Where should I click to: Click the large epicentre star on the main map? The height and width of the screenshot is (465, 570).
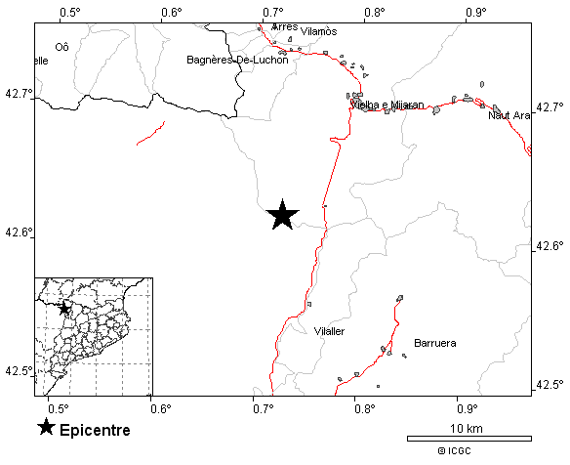click(x=282, y=215)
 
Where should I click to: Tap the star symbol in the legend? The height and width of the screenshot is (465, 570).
click(x=46, y=428)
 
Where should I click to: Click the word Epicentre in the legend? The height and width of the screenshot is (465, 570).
click(x=95, y=430)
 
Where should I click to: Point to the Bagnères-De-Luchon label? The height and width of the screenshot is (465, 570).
click(x=237, y=60)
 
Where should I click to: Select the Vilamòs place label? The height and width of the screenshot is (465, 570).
click(x=319, y=31)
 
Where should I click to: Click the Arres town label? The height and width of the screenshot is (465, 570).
click(x=284, y=26)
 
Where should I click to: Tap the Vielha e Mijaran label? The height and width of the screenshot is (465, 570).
click(x=388, y=105)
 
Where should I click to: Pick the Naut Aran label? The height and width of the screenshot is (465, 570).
click(x=509, y=115)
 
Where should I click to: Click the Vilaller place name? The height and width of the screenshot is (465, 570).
click(x=329, y=331)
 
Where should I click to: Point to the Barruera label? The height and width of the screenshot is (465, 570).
click(x=435, y=343)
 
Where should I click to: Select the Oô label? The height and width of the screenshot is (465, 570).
click(x=62, y=46)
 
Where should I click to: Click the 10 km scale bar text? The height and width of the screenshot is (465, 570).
click(x=468, y=429)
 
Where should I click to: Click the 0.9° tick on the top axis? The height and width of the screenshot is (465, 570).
click(x=476, y=12)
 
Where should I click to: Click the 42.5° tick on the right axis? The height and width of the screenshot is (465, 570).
click(x=550, y=383)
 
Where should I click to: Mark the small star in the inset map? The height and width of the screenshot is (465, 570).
click(x=64, y=309)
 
